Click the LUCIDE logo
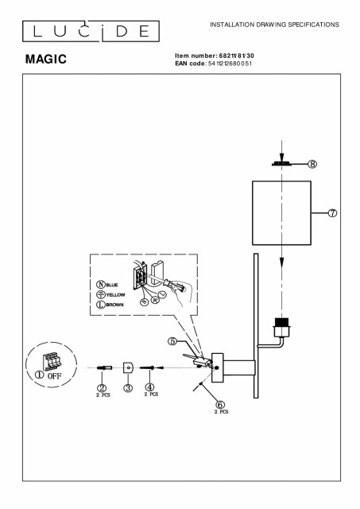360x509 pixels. tap(91, 31)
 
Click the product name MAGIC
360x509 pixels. tap(46, 59)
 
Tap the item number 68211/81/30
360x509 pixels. tap(237, 56)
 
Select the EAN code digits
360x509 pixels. tap(230, 64)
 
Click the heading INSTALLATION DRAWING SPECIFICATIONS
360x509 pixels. tap(274, 25)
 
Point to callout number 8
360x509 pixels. tap(312, 164)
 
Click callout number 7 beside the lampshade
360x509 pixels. tap(332, 213)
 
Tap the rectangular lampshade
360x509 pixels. tap(281, 212)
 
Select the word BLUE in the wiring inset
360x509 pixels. tap(112, 285)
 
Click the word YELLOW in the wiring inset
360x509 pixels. tap(115, 295)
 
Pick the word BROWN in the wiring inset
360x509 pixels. tap(114, 305)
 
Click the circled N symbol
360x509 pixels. tap(101, 285)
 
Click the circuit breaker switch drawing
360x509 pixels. tap(52, 360)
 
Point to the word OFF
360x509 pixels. tap(54, 376)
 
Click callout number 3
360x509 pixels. tap(128, 387)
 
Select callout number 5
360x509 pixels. tap(172, 341)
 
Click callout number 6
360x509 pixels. tap(220, 405)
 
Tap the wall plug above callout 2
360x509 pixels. tap(104, 367)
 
